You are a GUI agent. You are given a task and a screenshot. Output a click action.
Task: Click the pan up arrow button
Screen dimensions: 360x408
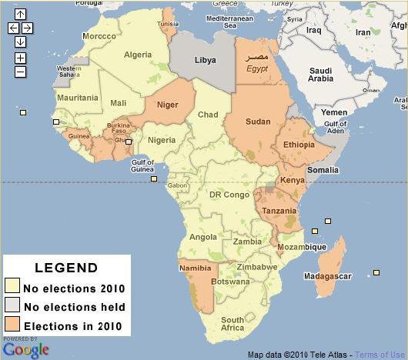(20, 15)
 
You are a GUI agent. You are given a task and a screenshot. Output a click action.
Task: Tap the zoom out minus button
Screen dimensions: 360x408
(20, 72)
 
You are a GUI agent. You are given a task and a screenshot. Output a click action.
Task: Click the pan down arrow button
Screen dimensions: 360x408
(20, 42)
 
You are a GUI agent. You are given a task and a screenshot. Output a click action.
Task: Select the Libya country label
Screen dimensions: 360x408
(204, 59)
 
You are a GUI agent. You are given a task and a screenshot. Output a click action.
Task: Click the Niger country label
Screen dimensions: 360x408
(167, 105)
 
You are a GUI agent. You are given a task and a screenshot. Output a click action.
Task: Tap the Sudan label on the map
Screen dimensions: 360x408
(258, 122)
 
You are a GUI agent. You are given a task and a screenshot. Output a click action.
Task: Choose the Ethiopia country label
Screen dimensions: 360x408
(299, 145)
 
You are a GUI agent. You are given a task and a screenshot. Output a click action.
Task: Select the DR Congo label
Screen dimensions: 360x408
(229, 195)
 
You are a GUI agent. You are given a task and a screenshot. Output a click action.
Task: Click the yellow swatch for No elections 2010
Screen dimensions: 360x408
(12, 288)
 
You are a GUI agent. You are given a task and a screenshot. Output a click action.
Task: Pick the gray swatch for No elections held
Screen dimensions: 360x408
(12, 307)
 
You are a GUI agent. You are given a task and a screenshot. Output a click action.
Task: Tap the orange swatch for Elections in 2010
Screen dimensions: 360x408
(12, 325)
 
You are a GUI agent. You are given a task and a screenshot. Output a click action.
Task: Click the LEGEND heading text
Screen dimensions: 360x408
(66, 268)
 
